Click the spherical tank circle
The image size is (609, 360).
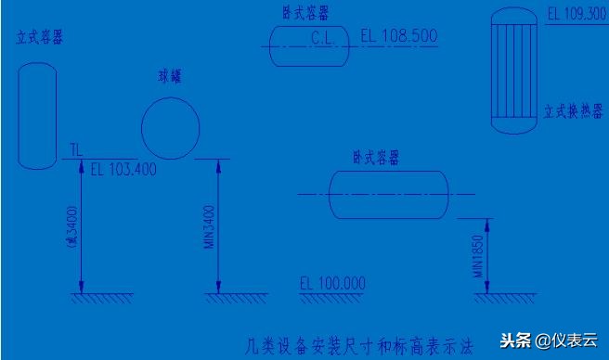coord(170,128)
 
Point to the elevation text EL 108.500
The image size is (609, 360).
coord(398,35)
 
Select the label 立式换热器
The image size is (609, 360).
coord(575,108)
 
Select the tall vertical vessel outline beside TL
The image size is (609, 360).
coord(37,114)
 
